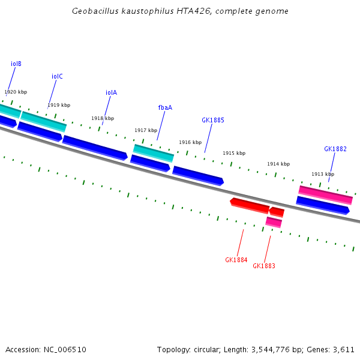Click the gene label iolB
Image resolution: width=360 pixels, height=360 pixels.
click(16, 64)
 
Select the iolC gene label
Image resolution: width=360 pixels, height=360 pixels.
click(57, 76)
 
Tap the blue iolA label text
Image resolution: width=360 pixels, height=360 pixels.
click(111, 92)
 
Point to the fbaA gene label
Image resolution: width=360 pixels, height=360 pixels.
click(165, 107)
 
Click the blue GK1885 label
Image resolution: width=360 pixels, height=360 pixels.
click(213, 120)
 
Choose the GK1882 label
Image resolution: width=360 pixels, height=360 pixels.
click(335, 149)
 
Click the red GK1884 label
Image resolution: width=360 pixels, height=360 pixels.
click(236, 260)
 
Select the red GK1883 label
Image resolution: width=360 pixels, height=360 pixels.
click(264, 266)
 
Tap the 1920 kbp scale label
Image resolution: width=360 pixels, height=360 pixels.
click(16, 92)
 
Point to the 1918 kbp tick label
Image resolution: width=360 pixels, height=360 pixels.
click(103, 118)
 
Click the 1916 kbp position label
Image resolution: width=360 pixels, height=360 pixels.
click(190, 142)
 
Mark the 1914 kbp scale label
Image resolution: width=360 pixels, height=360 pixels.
click(278, 164)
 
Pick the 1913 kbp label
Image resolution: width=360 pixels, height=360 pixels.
click(323, 174)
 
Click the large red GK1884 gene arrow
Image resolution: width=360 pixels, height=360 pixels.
click(250, 205)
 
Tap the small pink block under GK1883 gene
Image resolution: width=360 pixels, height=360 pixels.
click(274, 222)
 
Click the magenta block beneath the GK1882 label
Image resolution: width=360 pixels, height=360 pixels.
click(325, 194)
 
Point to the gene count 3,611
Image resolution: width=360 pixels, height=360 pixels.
click(343, 349)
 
